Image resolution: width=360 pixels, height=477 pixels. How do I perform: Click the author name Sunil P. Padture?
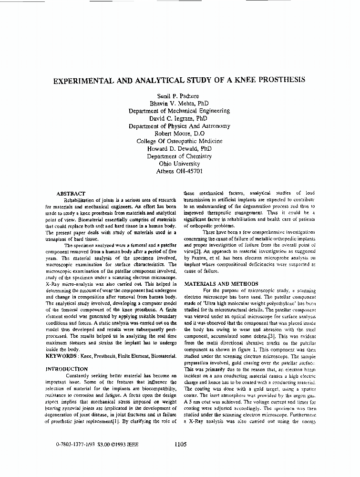[179, 96]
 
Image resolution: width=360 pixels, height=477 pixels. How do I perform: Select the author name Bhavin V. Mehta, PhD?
[179, 103]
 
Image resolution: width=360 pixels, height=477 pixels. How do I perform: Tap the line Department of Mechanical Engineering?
[179, 111]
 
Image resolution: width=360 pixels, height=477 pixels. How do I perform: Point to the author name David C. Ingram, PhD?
[179, 118]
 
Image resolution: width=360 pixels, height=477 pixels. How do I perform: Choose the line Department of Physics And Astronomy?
[179, 126]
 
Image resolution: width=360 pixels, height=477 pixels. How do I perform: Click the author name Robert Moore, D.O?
[179, 134]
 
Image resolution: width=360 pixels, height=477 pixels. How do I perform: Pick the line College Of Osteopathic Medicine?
[179, 141]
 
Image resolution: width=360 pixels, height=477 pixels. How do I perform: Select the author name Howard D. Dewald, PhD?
[179, 149]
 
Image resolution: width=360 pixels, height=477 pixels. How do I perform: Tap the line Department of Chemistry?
[179, 156]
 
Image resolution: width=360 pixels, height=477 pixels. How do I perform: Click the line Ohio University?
[179, 164]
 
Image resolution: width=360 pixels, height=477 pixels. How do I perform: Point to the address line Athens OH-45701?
[179, 171]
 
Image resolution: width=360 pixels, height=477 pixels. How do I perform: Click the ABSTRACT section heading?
[71, 194]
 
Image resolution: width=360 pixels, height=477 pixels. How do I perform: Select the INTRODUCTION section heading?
[67, 369]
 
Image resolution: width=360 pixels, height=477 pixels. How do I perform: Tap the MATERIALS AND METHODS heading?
[221, 284]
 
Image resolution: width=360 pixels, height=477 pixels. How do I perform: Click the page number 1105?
[180, 444]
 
